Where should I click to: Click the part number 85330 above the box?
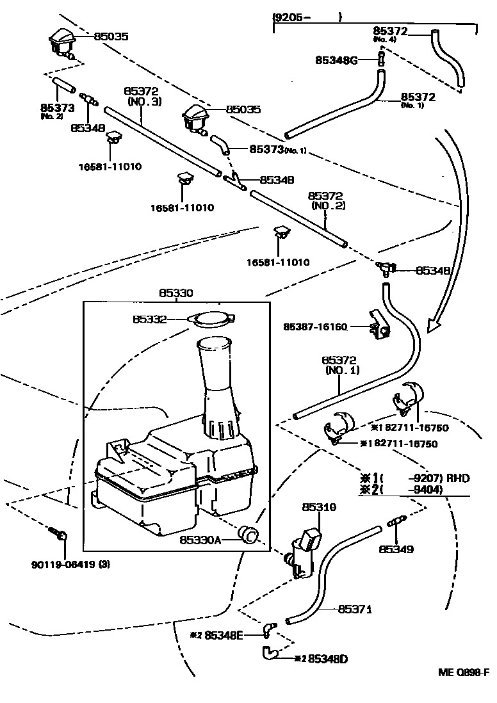point(175,293)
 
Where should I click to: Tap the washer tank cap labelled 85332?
point(213,318)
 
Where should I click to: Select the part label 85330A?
point(200,540)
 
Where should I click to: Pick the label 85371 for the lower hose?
point(355,609)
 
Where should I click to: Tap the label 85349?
point(396,549)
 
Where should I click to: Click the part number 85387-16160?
point(315,327)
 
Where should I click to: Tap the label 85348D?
point(327,658)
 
